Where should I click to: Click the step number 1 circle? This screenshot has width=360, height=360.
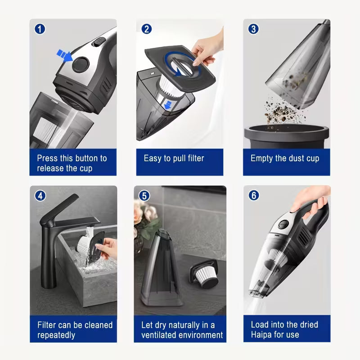(x=41, y=29)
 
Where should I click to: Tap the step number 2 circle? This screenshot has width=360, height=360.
(x=147, y=29)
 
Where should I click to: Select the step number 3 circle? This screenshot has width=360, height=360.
(x=253, y=29)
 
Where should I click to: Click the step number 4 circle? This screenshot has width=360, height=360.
(x=41, y=196)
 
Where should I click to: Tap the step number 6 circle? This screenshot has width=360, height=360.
(x=253, y=196)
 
